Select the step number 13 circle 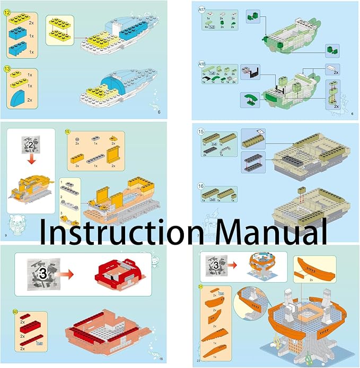pos(7,69)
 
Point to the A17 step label pos(202,8)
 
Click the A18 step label pos(202,65)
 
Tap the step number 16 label pos(201,186)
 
